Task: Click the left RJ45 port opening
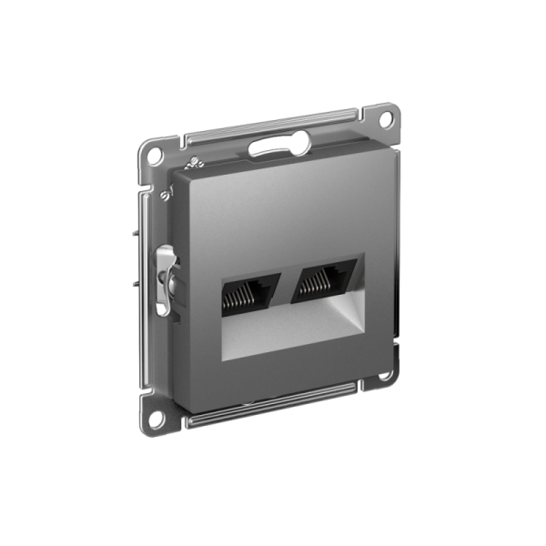point(247,289)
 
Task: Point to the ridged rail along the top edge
point(273,127)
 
